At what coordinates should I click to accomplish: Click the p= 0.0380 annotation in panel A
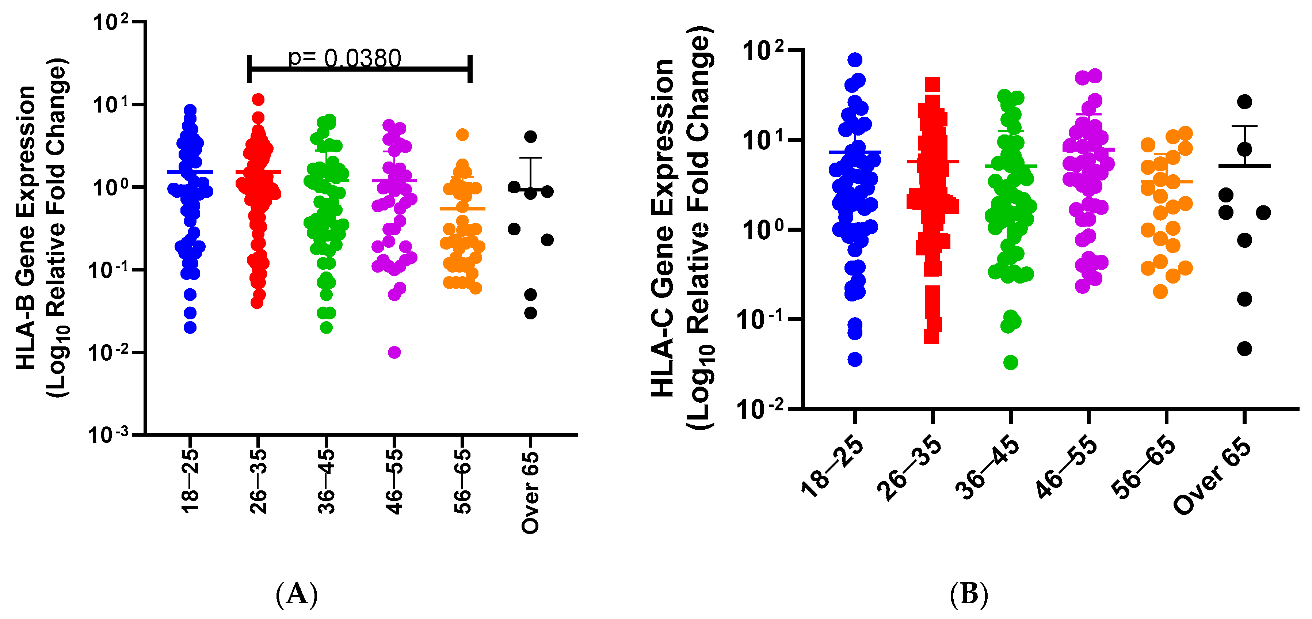[x=345, y=58]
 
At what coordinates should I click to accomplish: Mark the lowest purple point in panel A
[x=394, y=352]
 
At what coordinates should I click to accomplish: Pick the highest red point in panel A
[x=258, y=99]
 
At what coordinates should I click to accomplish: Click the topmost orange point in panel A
[x=462, y=134]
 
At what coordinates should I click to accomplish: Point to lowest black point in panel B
[x=1244, y=349]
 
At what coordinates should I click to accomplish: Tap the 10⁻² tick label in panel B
[x=760, y=409]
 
